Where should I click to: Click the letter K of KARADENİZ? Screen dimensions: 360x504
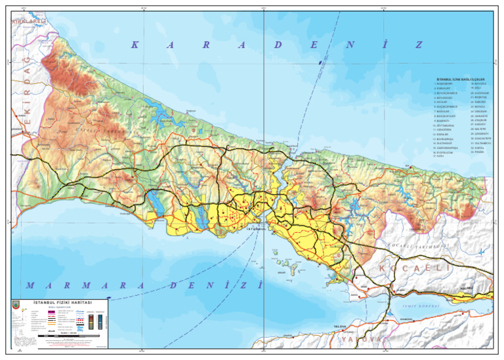click(134, 45)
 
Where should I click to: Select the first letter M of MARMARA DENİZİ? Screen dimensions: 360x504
click(29, 285)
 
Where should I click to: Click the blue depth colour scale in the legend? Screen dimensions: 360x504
click(100, 321)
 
